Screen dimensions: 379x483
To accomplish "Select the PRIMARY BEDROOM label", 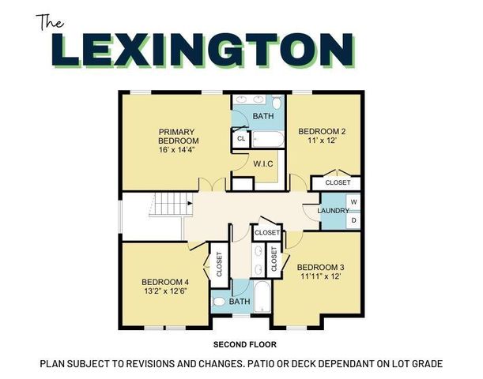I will point(177,137).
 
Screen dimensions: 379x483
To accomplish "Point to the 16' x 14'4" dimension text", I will point(177,150).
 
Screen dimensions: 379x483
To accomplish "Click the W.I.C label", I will point(263,163).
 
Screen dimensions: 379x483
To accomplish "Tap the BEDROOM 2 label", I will point(321,132).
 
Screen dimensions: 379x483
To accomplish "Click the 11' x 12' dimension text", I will point(321,141).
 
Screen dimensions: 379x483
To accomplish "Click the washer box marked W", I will point(353,202).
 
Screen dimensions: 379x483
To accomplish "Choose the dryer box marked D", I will point(353,220).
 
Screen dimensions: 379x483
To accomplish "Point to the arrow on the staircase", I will point(190,204).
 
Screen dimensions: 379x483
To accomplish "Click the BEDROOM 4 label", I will point(165,281).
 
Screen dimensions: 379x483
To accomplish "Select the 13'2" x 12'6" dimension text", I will point(165,291).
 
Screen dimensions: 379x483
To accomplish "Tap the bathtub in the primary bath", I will point(266,139).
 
